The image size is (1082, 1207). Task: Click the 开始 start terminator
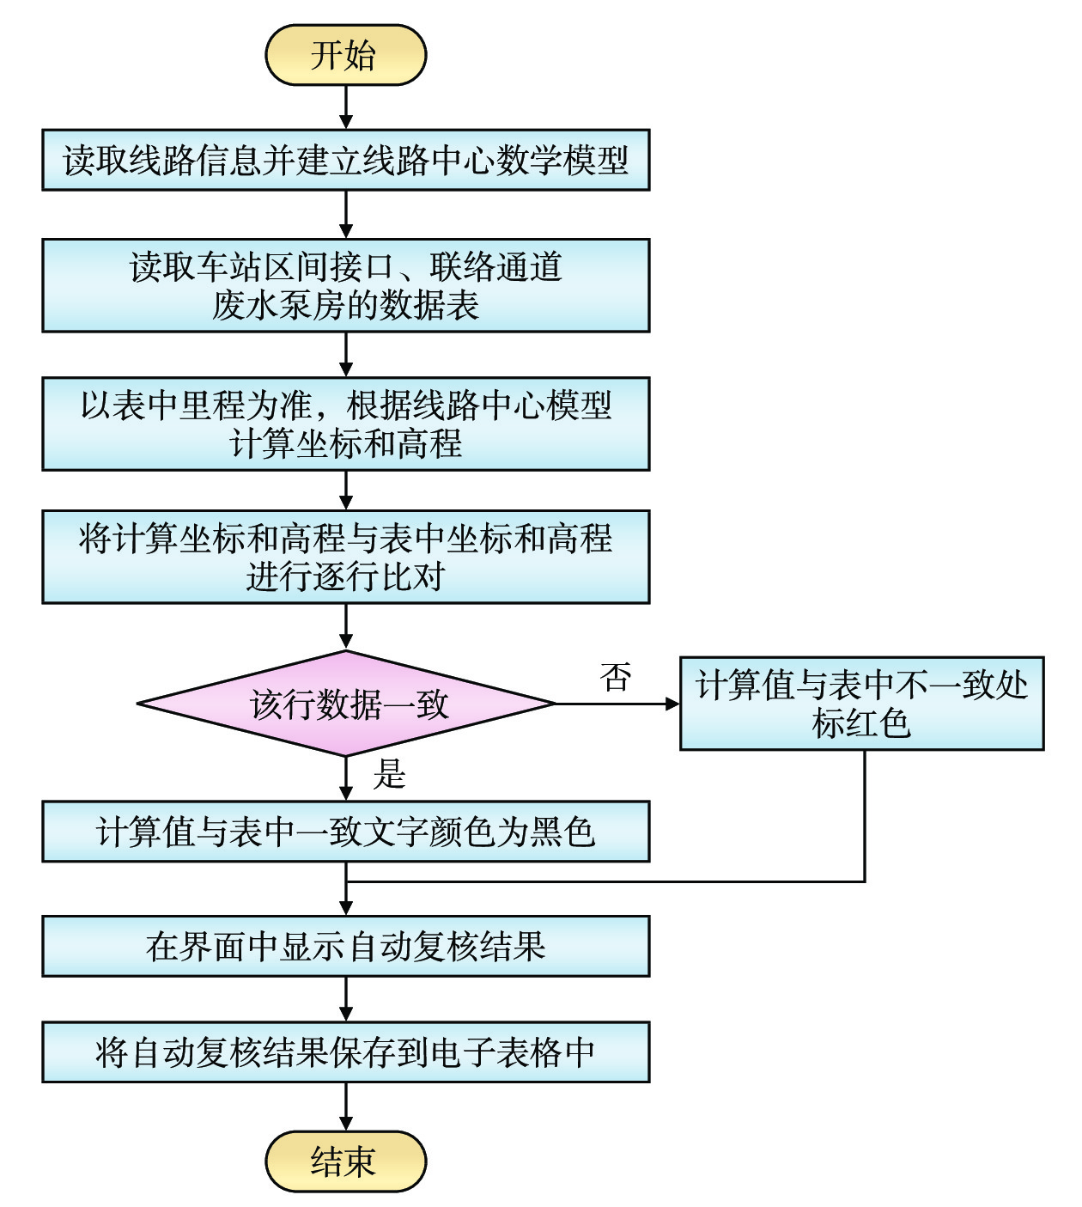click(345, 55)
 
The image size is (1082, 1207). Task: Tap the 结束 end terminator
click(345, 1161)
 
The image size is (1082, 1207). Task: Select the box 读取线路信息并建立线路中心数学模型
click(345, 160)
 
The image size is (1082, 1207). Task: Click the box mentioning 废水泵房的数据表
click(345, 285)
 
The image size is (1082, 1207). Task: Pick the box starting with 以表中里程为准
click(345, 424)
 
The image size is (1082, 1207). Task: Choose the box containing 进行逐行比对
click(345, 557)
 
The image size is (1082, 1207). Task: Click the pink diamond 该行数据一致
click(345, 704)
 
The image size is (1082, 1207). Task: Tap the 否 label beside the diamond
click(616, 677)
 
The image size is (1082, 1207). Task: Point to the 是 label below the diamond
click(390, 774)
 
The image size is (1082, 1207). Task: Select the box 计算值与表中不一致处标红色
click(861, 704)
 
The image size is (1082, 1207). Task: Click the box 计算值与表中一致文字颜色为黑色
click(345, 832)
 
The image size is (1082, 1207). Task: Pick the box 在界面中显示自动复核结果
click(345, 946)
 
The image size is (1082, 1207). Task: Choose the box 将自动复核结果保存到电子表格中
click(345, 1052)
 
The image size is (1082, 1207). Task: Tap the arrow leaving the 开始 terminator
click(345, 107)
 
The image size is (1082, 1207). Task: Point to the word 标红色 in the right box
click(861, 723)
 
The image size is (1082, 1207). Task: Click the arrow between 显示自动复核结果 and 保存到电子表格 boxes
click(345, 998)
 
